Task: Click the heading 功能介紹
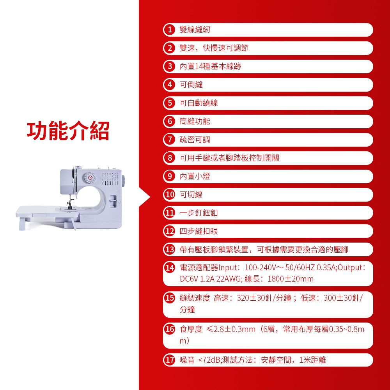click(x=68, y=131)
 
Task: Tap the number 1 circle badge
click(x=170, y=30)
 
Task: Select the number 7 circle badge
click(x=170, y=140)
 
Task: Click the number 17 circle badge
click(x=170, y=360)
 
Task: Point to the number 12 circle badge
click(x=170, y=231)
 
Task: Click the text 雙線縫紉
click(x=195, y=30)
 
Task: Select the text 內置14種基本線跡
click(x=211, y=66)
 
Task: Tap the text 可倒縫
click(x=191, y=85)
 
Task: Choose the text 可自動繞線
click(x=199, y=103)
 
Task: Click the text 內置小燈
click(x=195, y=176)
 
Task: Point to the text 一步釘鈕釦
click(x=199, y=213)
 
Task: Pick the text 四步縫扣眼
click(x=199, y=231)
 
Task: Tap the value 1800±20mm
click(x=291, y=279)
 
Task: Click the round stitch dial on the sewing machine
click(x=90, y=177)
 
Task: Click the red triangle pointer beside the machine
click(x=145, y=197)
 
